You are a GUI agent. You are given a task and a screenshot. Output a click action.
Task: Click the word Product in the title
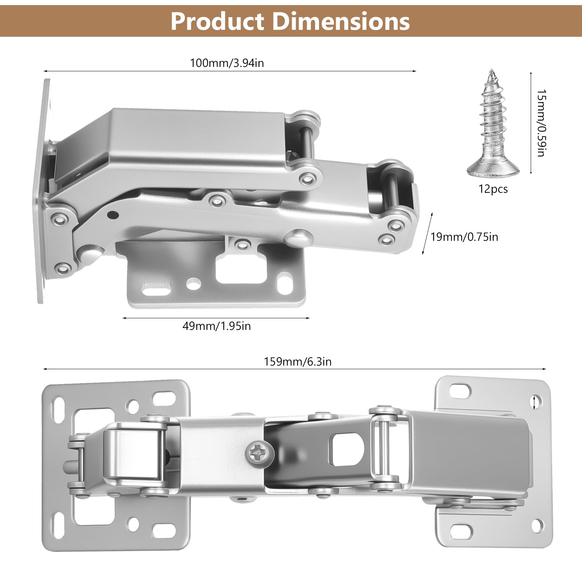click(x=217, y=21)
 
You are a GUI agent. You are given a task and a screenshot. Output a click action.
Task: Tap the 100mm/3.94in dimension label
click(x=227, y=63)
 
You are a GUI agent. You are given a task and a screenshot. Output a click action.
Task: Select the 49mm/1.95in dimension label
click(x=217, y=326)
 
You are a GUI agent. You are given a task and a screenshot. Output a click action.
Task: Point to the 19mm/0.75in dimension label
click(x=465, y=237)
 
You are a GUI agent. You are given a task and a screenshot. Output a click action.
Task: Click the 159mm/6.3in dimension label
click(x=298, y=362)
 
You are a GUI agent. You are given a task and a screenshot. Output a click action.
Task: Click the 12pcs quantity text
click(x=493, y=189)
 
